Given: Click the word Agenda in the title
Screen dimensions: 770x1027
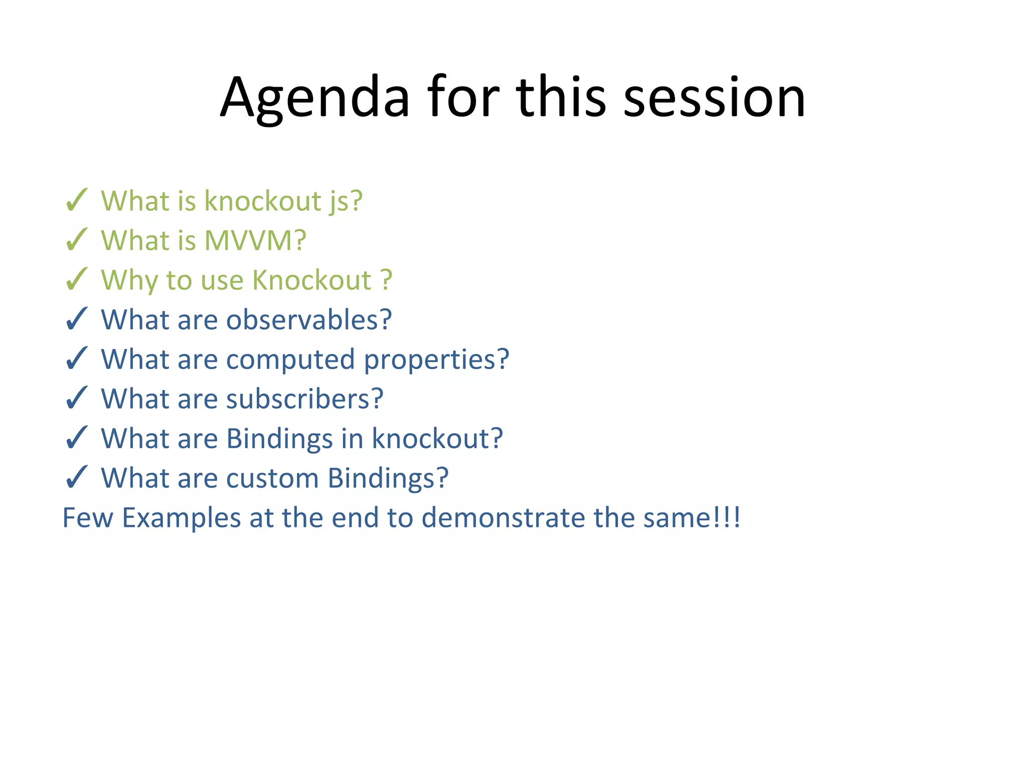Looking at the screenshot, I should [x=315, y=98].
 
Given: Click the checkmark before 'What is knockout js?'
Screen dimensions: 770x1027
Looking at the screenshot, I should [x=77, y=201].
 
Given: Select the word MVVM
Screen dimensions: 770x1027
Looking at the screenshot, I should [x=255, y=241].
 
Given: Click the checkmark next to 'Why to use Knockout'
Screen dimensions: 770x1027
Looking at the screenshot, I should [x=77, y=280].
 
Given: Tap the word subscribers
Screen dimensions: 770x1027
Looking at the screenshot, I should [x=304, y=399].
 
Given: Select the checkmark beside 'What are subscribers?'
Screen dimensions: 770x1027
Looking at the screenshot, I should [x=77, y=398].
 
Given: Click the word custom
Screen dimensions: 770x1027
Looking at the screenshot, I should [x=272, y=478].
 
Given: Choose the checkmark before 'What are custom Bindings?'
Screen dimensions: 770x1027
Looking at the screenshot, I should [x=77, y=477].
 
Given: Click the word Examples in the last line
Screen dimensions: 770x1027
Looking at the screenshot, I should [x=182, y=518].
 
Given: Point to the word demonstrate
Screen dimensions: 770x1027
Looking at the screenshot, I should [x=503, y=518].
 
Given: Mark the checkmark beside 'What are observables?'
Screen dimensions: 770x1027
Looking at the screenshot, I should [x=77, y=319].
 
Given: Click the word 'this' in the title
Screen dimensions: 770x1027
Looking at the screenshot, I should [x=561, y=98].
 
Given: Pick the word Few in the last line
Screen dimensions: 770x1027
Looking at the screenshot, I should [x=88, y=518].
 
